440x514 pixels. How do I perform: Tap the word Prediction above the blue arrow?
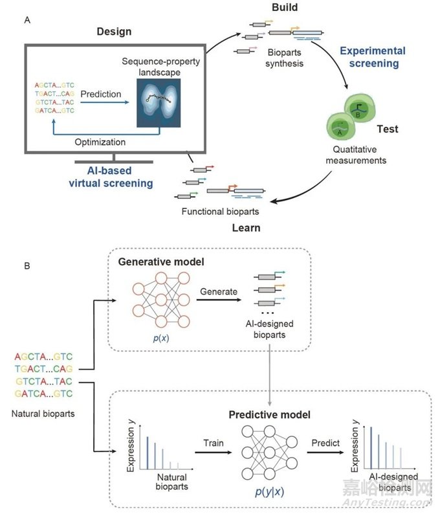point(101,94)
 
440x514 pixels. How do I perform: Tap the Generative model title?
point(160,262)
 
